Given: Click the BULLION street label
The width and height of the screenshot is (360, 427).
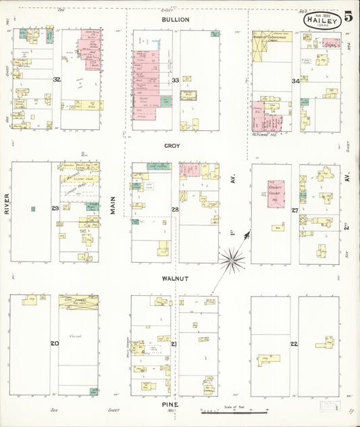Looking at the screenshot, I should [x=175, y=20].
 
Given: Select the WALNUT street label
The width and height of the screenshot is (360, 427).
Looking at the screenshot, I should [x=175, y=278].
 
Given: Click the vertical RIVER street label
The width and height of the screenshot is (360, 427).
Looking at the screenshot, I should [x=6, y=203].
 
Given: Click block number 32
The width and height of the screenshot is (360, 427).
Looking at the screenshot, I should [x=57, y=79].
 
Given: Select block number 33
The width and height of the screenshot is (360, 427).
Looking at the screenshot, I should [x=175, y=80].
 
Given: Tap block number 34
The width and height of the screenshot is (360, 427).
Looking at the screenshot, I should [x=295, y=81].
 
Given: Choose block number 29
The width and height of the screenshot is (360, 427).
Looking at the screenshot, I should [x=55, y=208].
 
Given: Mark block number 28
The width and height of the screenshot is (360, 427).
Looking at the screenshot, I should [x=175, y=210].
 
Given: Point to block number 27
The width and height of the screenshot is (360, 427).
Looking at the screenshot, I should [x=295, y=210].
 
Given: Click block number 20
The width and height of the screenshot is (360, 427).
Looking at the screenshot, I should [x=54, y=343].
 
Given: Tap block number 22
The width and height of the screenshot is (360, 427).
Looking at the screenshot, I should [x=294, y=344].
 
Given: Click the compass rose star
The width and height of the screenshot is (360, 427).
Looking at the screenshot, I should [x=232, y=257].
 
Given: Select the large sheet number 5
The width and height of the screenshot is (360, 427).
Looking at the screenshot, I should [x=348, y=17].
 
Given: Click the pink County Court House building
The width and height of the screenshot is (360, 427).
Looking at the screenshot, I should [x=277, y=197].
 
